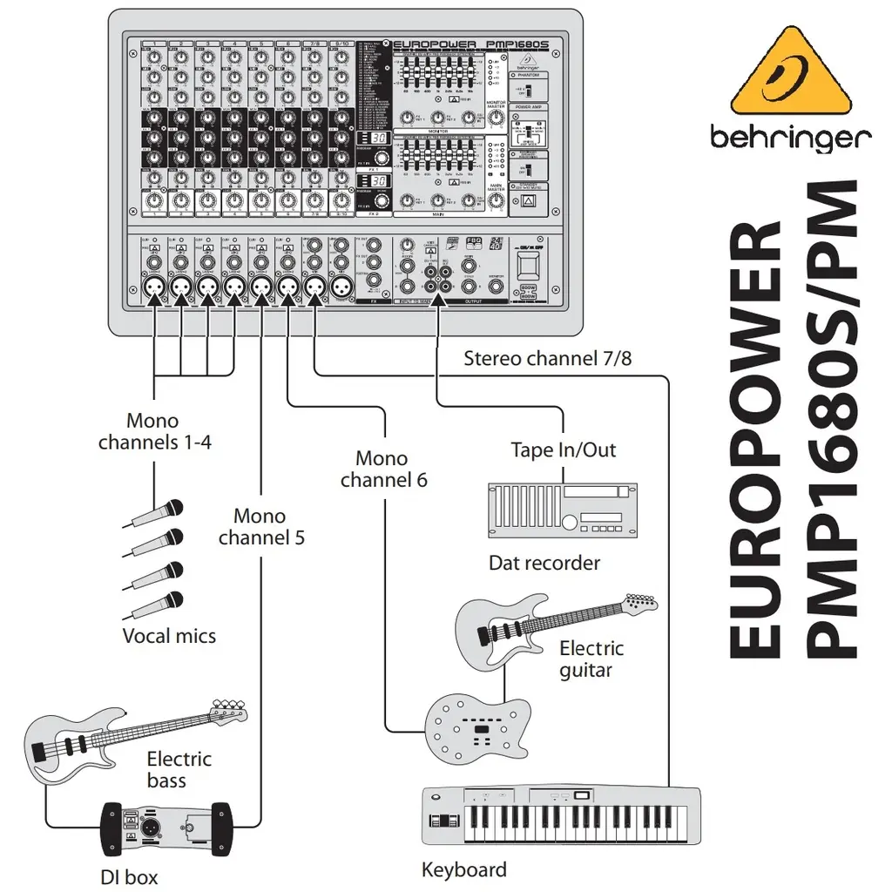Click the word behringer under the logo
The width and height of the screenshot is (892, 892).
click(790, 137)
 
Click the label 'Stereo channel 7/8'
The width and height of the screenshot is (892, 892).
click(547, 358)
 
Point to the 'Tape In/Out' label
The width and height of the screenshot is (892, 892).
click(563, 449)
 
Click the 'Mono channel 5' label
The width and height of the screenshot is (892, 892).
click(260, 527)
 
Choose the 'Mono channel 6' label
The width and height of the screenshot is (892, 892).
click(382, 469)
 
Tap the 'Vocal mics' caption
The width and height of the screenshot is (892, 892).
click(169, 636)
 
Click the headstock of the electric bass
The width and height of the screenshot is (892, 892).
click(228, 707)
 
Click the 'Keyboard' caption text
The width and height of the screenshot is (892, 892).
click(463, 869)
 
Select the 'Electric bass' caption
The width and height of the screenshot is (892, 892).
click(178, 769)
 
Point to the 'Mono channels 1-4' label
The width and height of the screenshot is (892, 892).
click(155, 431)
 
